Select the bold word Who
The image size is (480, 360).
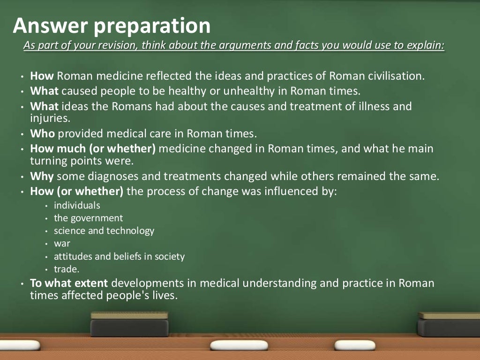pyautogui.click(x=43, y=133)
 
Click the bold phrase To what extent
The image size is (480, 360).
pyautogui.click(x=69, y=283)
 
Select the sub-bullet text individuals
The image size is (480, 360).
pyautogui.click(x=77, y=205)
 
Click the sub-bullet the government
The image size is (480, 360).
pyautogui.click(x=88, y=218)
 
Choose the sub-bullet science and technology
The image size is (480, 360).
pyautogui.click(x=104, y=231)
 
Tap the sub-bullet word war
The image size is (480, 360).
pyautogui.click(x=62, y=244)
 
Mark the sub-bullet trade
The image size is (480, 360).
pyautogui.click(x=67, y=270)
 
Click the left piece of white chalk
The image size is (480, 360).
pyautogui.click(x=239, y=345)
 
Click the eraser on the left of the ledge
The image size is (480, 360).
pyautogui.click(x=129, y=324)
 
